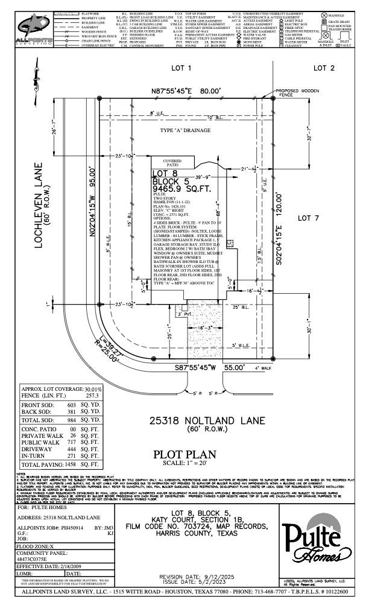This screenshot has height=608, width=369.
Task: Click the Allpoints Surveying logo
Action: pos(34,28)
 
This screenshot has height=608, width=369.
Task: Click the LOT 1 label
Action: pos(180,68)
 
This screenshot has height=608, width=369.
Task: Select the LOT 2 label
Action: pos(324,68)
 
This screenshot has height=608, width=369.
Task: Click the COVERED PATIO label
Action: pos(172,163)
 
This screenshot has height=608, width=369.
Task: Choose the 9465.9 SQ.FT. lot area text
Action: pos(180,188)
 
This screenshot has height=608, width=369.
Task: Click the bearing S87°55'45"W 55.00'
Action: pos(210,367)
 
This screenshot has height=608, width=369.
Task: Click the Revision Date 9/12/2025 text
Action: pos(200,576)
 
